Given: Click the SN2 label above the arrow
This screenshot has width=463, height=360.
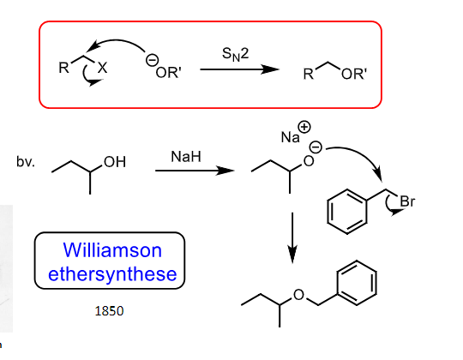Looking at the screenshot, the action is [x=235, y=54].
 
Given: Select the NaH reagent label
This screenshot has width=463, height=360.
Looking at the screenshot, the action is [x=186, y=156].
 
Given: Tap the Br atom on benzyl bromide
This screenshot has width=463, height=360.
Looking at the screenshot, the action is [x=407, y=201].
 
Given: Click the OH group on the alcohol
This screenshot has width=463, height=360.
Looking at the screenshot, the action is [x=115, y=162].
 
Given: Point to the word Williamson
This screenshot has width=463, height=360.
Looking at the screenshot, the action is [x=112, y=250].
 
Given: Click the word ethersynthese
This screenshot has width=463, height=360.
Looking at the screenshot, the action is [x=112, y=274].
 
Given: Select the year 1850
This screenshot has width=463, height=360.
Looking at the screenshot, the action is [x=109, y=311].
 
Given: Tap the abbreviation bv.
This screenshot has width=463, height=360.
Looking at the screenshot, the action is [x=26, y=161].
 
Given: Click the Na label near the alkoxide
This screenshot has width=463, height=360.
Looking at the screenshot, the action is [x=291, y=137].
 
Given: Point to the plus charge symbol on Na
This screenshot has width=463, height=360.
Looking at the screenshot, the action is [x=304, y=127].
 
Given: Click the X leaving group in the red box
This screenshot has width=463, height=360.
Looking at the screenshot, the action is [x=102, y=69].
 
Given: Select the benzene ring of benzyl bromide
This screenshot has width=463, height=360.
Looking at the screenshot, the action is [x=347, y=212].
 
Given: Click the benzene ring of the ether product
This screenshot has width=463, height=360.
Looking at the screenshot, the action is [x=357, y=283].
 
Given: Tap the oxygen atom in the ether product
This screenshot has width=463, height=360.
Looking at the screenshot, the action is [x=299, y=295].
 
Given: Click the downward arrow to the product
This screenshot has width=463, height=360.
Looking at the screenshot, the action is [x=292, y=237].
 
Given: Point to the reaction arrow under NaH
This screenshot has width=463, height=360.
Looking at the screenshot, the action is [x=195, y=171].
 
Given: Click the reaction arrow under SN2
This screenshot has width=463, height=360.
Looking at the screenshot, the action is [x=239, y=69].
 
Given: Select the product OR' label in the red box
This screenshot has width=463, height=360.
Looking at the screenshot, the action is [x=354, y=74].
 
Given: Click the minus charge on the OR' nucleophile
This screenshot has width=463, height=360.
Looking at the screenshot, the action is [x=152, y=60].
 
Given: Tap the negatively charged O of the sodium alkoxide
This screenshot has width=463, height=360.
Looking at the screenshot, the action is [x=309, y=161].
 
